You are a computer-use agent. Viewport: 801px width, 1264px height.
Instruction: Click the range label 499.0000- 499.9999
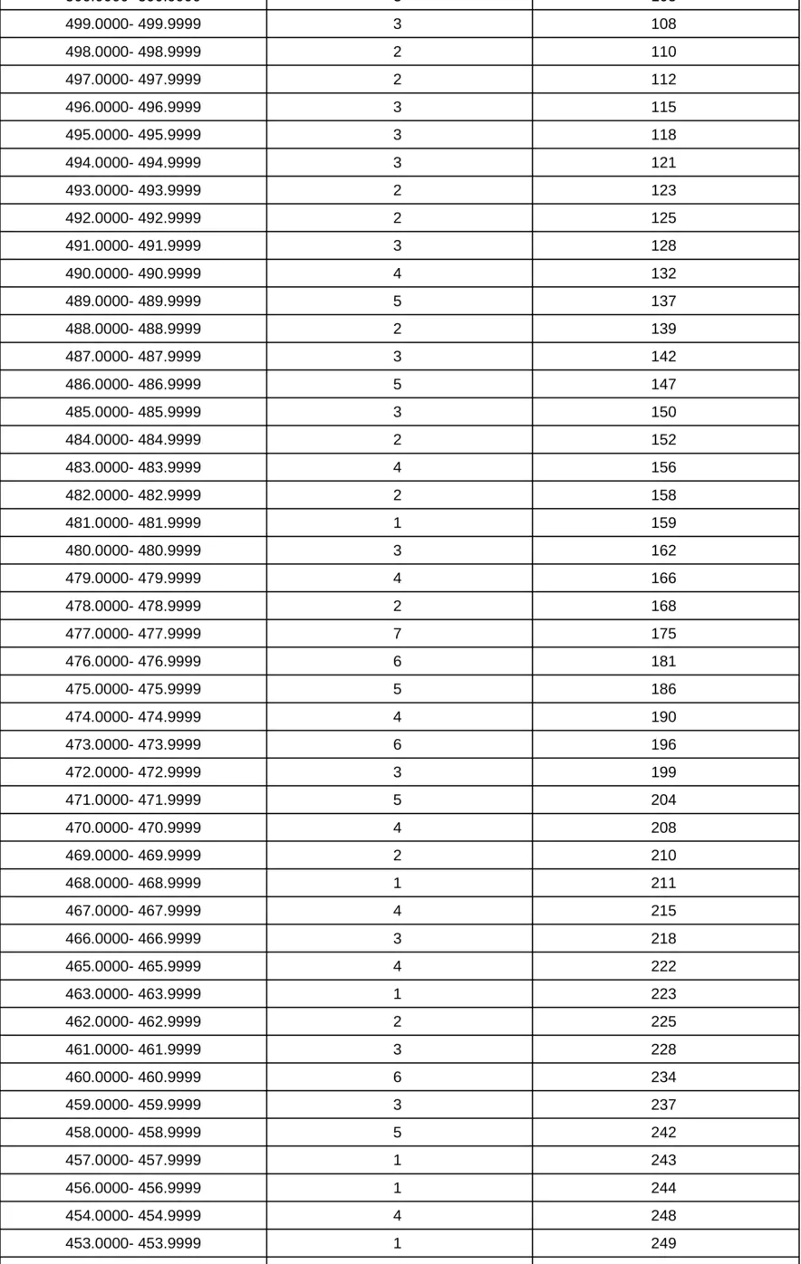[133, 24]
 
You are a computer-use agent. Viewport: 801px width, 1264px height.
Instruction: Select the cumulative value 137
[663, 302]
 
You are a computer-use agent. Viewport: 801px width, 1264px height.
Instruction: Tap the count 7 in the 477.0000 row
[397, 634]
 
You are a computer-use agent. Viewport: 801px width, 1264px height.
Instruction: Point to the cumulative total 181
[663, 662]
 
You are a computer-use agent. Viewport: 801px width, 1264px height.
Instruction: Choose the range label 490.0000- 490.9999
[133, 273]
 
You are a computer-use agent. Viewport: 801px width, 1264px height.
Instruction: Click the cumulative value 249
[663, 1243]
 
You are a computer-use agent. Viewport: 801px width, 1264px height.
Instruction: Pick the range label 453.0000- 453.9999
[133, 1243]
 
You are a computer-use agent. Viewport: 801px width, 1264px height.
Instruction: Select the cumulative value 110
[663, 53]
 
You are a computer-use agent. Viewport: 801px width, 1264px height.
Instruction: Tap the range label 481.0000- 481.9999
[133, 523]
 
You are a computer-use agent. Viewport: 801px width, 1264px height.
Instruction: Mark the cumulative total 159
[663, 523]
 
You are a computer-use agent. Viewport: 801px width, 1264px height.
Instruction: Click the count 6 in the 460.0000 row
[397, 1077]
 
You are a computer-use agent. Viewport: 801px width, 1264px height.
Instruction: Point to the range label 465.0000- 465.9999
[133, 966]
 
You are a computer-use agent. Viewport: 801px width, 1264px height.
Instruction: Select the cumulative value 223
[663, 994]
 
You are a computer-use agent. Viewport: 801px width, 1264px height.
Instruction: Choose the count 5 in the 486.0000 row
[397, 385]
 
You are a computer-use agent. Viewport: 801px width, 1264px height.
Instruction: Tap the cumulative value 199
[663, 772]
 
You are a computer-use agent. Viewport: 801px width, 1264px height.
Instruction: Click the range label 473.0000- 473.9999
[133, 745]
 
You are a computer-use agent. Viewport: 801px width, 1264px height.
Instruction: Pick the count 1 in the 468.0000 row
[397, 884]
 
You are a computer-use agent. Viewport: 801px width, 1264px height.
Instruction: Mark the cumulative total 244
[663, 1188]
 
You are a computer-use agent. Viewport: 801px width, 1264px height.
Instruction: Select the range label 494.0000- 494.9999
[133, 163]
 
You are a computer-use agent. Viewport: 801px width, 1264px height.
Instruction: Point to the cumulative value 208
[663, 828]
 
